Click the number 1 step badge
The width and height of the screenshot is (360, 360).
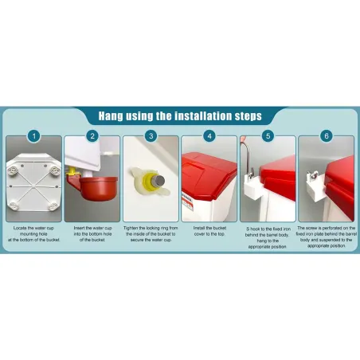[33, 136]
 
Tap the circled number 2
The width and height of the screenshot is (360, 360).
[92, 136]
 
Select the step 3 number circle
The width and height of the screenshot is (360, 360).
[151, 136]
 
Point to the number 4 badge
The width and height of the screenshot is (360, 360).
[209, 136]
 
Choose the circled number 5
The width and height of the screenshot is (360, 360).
[268, 136]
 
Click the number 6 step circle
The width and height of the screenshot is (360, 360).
[327, 136]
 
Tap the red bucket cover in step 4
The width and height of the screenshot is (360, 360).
[209, 170]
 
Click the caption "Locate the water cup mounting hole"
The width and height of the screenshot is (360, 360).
[33, 233]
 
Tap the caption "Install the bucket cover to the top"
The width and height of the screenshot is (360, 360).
[209, 229]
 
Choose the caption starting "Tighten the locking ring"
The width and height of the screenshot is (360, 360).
[151, 233]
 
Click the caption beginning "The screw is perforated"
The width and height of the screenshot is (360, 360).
[327, 236]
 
